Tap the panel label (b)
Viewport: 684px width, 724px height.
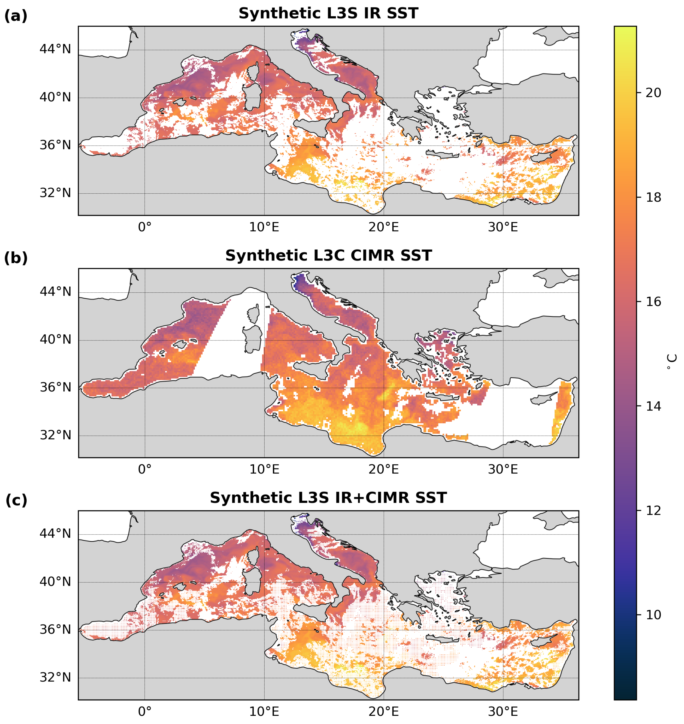click(x=16, y=258)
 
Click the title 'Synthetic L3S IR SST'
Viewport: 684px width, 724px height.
click(x=328, y=14)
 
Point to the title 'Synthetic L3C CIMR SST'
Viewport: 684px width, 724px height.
click(x=328, y=256)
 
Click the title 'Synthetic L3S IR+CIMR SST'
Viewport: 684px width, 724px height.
click(x=328, y=498)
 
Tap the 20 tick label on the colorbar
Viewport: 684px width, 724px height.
click(x=653, y=93)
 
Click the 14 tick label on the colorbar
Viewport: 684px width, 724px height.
click(x=653, y=406)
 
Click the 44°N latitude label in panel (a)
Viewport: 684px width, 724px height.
click(x=55, y=49)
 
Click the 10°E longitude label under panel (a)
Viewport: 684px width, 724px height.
click(x=264, y=228)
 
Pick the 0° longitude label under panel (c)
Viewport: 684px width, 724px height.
click(x=144, y=712)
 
